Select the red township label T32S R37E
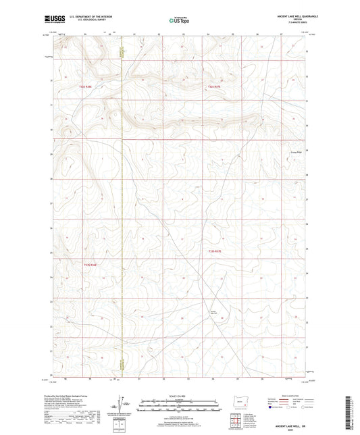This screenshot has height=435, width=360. [x=214, y=86]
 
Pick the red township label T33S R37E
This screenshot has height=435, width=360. [x=214, y=251]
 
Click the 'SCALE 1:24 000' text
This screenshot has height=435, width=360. [x=179, y=395]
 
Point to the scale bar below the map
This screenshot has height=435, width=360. [x=179, y=407]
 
